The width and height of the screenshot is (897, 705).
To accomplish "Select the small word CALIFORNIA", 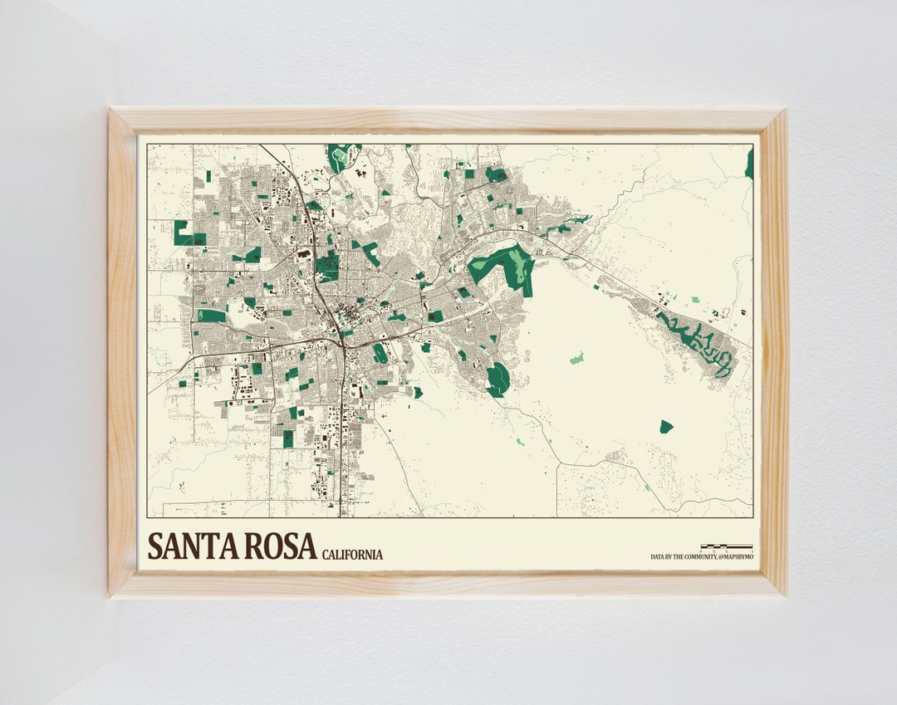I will [352, 555].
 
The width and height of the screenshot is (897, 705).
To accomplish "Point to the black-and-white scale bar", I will [726, 546].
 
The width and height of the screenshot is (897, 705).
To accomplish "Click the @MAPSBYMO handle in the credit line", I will [732, 557].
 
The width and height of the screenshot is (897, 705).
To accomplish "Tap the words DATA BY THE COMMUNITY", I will [680, 557].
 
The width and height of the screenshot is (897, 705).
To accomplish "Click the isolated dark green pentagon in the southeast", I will [666, 427].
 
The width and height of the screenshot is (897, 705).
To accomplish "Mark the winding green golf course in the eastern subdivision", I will [698, 342].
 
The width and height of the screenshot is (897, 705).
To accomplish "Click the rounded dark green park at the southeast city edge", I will [498, 379].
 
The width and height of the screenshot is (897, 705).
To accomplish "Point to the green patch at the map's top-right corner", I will [749, 164].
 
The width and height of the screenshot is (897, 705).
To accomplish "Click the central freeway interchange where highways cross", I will [341, 339].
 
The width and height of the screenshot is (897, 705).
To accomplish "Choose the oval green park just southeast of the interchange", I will [380, 353].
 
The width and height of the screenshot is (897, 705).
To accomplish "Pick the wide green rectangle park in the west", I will [211, 316].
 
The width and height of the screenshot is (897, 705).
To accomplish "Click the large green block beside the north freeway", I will [326, 267].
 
